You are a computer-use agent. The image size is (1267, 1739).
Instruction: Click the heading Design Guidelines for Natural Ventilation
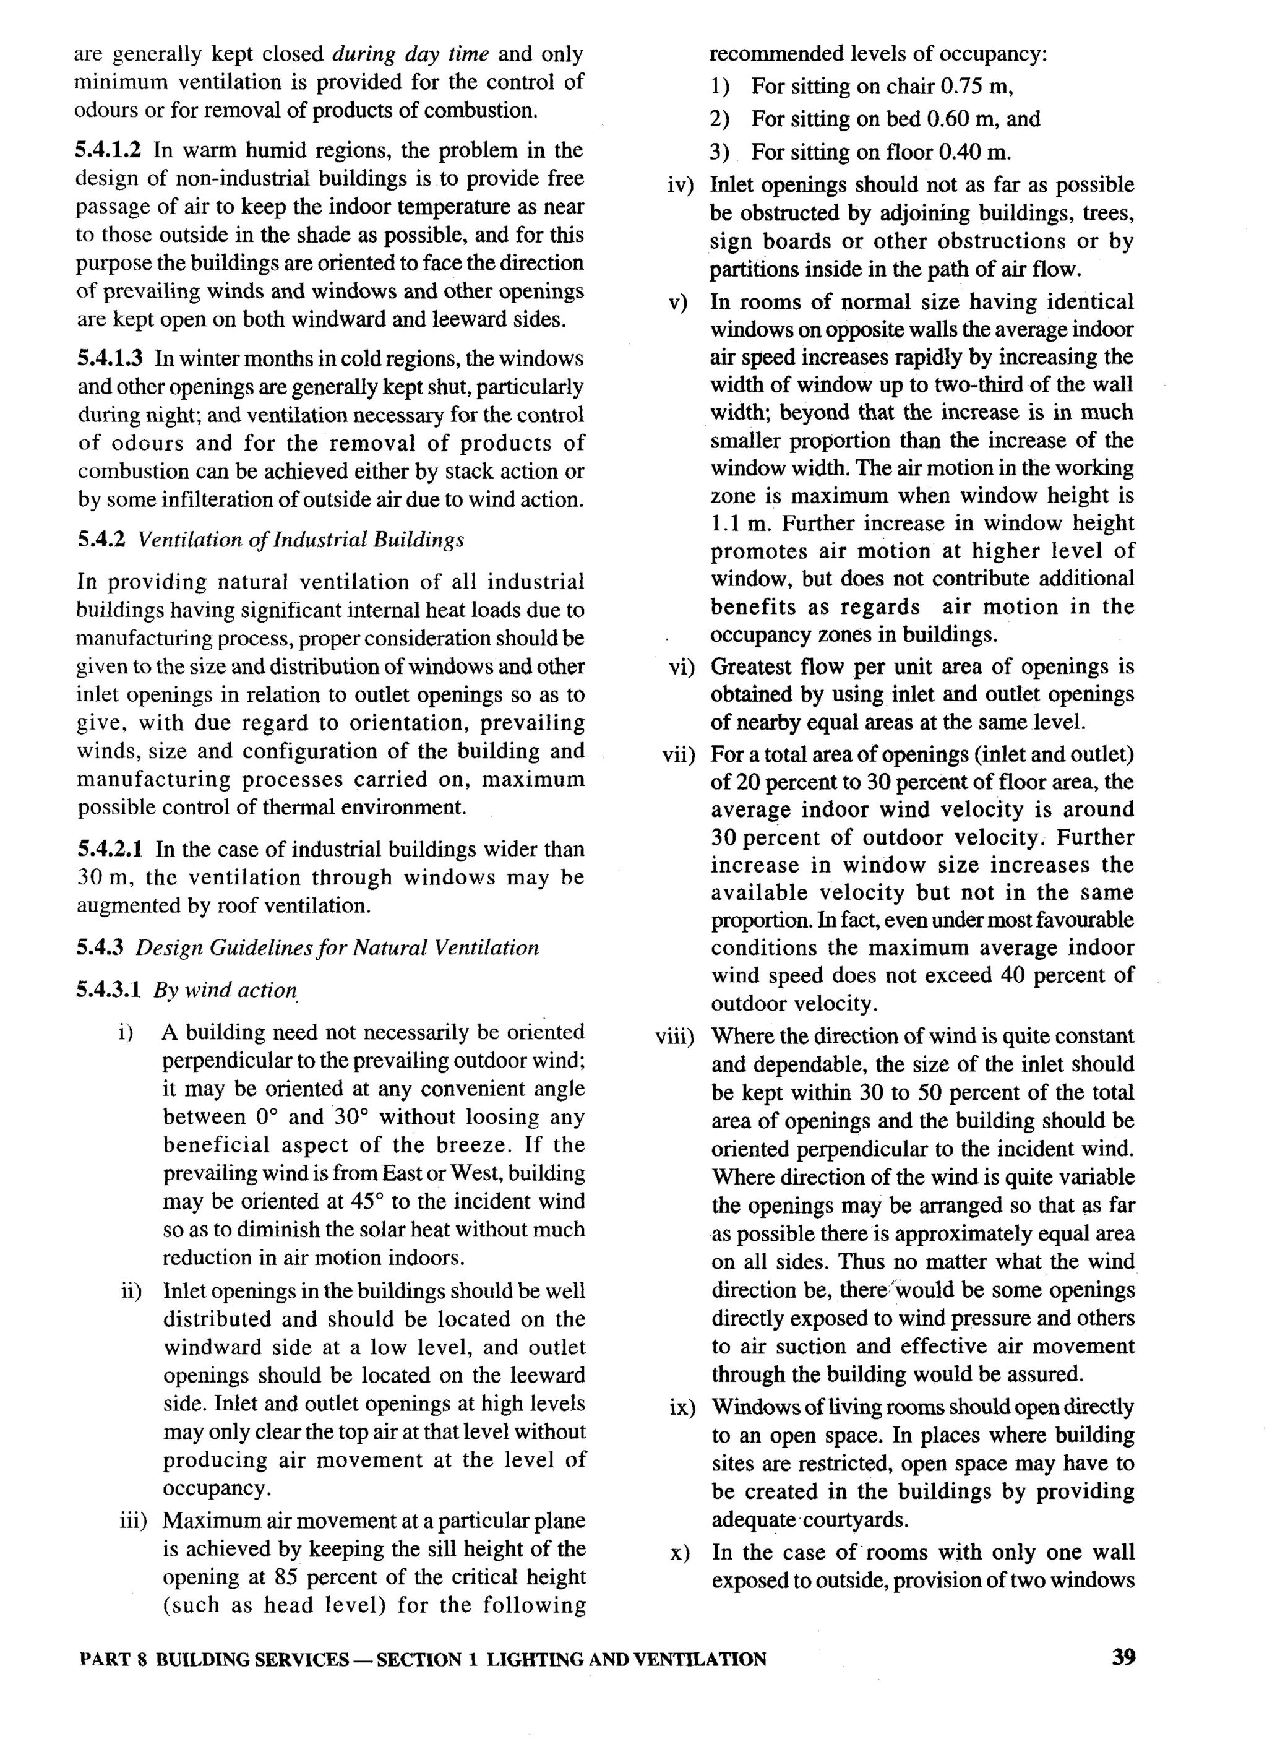point(337,947)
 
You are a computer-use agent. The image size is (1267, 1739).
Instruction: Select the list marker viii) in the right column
point(674,1038)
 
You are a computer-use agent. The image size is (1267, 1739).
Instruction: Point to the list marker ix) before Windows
point(682,1409)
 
